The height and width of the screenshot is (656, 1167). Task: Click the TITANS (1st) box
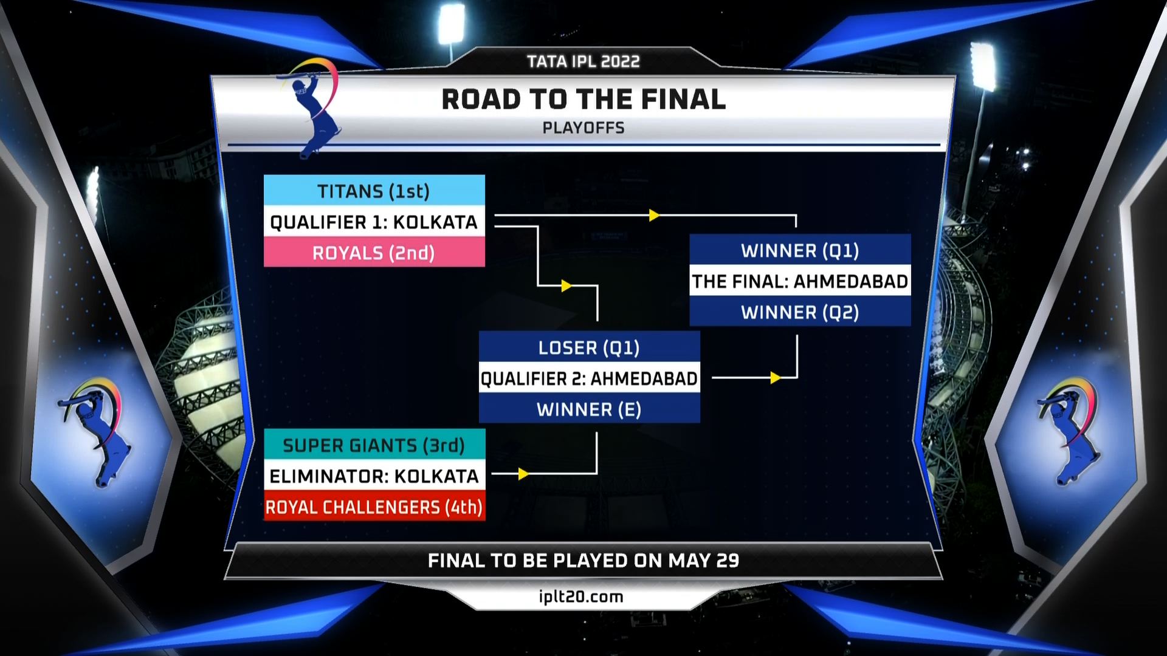374,191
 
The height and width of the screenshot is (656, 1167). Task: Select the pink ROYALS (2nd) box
374,253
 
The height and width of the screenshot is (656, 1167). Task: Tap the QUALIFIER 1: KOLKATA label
374,222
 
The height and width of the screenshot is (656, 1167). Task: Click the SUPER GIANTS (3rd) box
374,445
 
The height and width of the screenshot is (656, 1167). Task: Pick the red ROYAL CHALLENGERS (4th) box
374,507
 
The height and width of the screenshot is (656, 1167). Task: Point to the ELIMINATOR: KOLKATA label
374,476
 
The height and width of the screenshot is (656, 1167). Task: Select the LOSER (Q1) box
589,347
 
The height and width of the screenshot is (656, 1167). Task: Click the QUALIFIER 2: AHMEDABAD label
589,378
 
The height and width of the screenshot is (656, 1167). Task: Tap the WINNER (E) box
589,409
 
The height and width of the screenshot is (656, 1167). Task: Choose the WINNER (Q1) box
800,250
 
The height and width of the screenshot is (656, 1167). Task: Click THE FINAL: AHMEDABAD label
800,281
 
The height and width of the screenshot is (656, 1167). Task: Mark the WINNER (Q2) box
800,312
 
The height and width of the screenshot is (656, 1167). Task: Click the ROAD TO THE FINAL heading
583,100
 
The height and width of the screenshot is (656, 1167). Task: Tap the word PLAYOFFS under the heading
583,128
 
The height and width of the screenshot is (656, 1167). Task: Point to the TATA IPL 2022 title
583,61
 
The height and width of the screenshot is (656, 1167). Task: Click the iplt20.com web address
581,596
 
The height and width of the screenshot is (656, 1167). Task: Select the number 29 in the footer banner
728,560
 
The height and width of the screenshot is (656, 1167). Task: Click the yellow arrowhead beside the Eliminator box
523,474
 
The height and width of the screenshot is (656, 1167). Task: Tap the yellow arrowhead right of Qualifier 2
775,378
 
